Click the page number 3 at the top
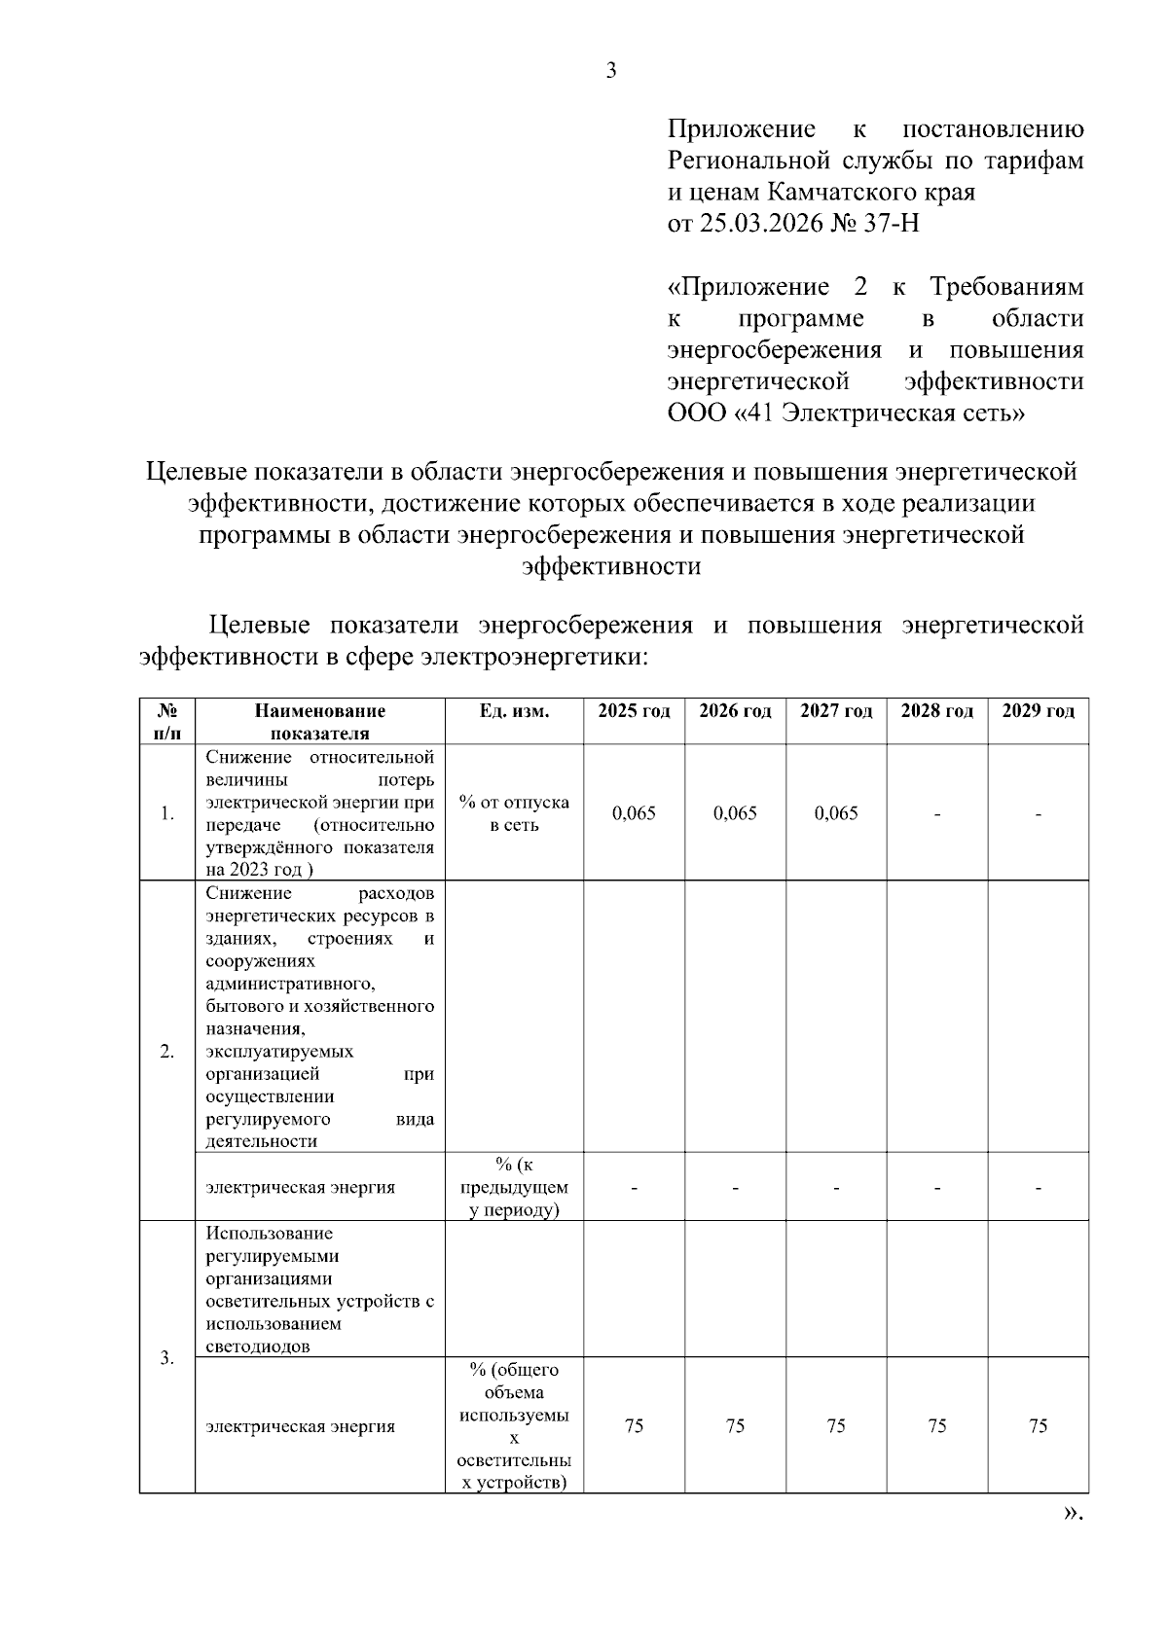611,70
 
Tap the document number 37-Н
890,225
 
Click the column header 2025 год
634,711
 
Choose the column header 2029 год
1038,711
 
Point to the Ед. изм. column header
514,711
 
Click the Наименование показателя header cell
320,722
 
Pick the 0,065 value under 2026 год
735,813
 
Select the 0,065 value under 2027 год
836,813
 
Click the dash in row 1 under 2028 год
937,814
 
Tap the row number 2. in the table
167,1052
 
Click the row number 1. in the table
167,813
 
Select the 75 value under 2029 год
1038,1426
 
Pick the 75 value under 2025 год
634,1426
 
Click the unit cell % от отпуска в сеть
514,813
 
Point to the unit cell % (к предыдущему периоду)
514,1187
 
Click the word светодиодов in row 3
258,1347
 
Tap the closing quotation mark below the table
1072,1514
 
